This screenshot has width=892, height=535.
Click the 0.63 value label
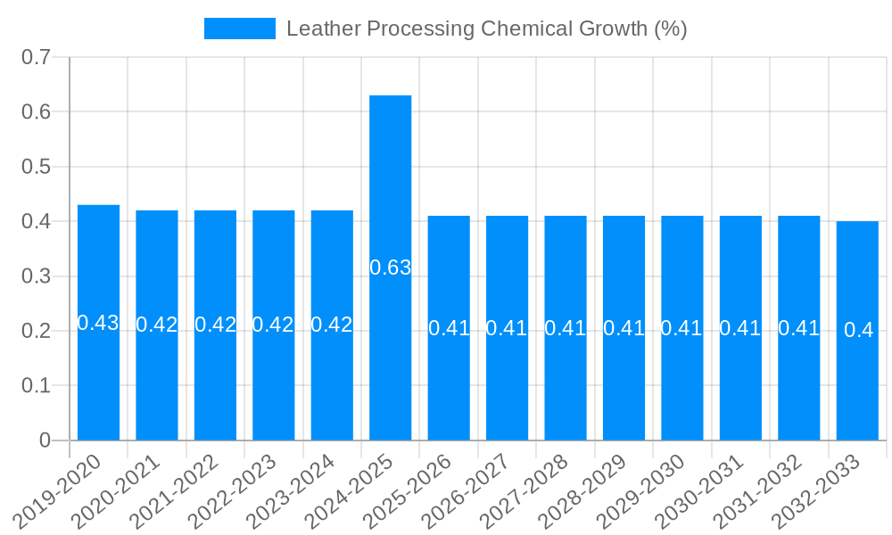pos(390,267)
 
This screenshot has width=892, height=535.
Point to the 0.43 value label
pos(98,323)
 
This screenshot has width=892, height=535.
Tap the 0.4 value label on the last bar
pos(858,330)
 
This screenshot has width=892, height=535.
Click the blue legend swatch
pos(239,29)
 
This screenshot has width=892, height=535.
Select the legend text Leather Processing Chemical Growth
pos(486,29)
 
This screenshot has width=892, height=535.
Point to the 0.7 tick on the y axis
pos(37,57)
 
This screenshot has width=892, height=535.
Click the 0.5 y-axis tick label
pos(37,167)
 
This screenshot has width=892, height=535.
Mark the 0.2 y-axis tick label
pos(37,331)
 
